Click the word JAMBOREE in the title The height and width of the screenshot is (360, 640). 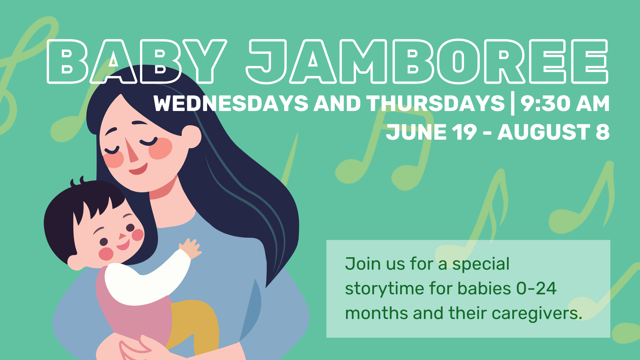pos(427,61)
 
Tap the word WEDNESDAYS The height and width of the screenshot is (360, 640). pos(231,103)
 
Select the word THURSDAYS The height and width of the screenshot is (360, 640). pos(436,103)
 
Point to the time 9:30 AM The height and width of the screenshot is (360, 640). pos(565,103)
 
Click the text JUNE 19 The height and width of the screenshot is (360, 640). pos(431,132)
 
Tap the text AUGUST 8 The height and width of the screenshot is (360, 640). pos(553,132)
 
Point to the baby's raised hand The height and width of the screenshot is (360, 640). pos(190,249)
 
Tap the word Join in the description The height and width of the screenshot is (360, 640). pos(363,264)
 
